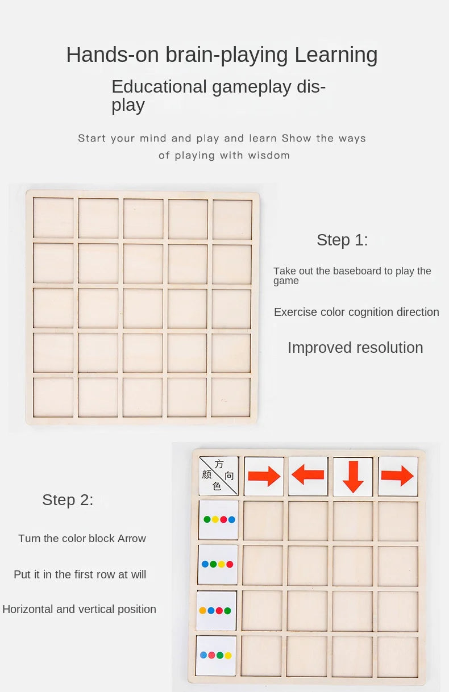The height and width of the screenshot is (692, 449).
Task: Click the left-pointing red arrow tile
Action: [307, 475]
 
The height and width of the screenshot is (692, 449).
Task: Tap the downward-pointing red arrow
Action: [352, 476]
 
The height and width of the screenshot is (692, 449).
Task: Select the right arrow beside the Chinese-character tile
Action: [264, 476]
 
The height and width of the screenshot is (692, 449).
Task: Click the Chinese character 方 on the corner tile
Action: [219, 464]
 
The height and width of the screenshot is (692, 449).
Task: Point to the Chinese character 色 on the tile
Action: [217, 487]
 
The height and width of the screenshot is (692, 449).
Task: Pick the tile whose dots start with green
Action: [219, 519]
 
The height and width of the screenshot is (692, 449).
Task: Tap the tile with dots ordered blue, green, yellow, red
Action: [218, 564]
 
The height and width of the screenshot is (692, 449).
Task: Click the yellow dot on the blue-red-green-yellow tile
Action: [228, 655]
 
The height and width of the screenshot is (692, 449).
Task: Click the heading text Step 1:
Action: [342, 240]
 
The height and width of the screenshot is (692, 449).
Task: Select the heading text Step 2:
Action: [68, 500]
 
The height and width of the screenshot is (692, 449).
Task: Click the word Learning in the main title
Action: [335, 55]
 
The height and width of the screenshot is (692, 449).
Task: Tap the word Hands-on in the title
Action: [113, 55]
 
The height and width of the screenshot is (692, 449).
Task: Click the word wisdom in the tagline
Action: [268, 156]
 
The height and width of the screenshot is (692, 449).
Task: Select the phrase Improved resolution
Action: [355, 348]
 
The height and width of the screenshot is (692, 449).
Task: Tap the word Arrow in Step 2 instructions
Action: [132, 539]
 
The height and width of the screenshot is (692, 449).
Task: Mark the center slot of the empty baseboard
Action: [143, 309]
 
